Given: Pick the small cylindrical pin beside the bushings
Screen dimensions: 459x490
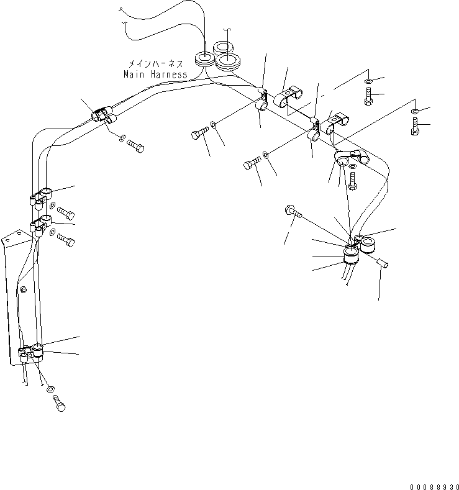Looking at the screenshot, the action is click(382, 264).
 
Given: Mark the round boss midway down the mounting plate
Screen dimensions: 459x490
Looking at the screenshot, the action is click(23, 290).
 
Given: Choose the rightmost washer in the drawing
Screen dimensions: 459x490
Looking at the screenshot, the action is click(414, 111).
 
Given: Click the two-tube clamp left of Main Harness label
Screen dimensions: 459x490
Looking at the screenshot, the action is click(102, 115).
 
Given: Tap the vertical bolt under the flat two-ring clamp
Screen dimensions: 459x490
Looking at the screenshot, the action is click(353, 181).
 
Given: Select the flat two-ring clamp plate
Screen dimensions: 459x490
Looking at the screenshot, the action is click(352, 159).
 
